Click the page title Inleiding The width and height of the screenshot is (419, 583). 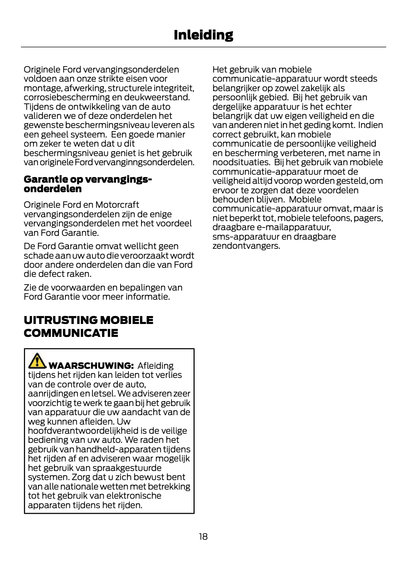click(x=203, y=35)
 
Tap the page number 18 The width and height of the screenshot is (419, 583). click(x=203, y=536)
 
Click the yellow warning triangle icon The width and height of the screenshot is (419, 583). click(x=37, y=361)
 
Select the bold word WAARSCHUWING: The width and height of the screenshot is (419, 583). click(x=91, y=366)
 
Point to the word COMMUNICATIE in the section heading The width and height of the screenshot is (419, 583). click(x=71, y=333)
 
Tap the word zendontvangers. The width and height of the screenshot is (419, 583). click(x=246, y=246)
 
